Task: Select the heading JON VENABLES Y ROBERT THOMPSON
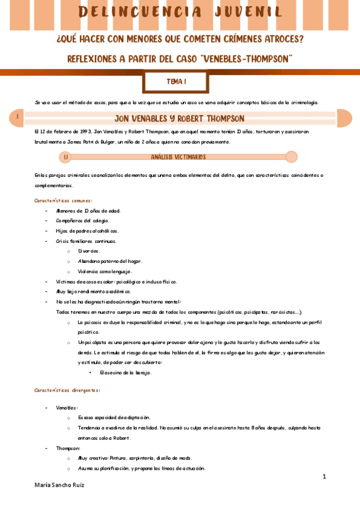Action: click(x=179, y=118)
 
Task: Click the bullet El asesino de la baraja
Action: click(x=126, y=373)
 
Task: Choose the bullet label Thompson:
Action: click(x=67, y=448)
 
